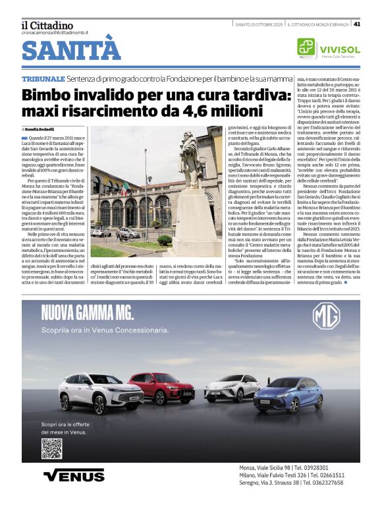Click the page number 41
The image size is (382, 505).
tap(356, 24)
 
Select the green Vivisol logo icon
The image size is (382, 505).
tap(306, 47)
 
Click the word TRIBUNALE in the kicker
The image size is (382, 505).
tap(43, 79)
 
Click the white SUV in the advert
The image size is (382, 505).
tap(101, 393)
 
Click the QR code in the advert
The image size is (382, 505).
tap(51, 448)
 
